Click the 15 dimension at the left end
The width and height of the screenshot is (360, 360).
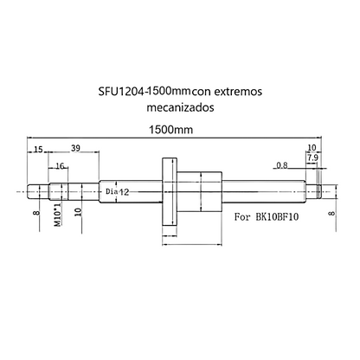click(x=38, y=150)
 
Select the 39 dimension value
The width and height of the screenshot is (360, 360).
click(x=76, y=150)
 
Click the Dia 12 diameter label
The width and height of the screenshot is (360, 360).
click(x=117, y=190)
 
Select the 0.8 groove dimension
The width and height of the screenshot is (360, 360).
click(x=282, y=164)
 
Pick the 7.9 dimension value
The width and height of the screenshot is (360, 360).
click(x=312, y=158)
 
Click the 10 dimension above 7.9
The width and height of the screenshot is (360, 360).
click(x=312, y=149)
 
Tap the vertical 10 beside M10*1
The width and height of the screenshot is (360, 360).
click(x=78, y=212)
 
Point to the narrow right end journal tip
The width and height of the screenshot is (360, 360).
click(x=322, y=187)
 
